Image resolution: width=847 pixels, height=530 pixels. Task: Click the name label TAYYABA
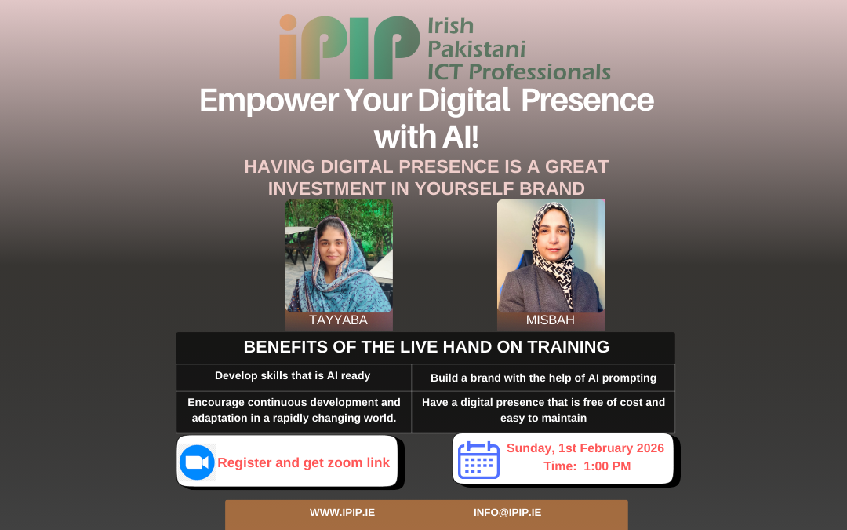pos(339,320)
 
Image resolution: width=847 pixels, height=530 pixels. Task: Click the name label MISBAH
pos(551,320)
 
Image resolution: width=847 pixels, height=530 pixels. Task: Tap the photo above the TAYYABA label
pos(339,255)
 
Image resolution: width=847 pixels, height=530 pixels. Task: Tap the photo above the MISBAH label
pos(551,255)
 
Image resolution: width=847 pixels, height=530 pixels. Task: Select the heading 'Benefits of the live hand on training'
pos(426,347)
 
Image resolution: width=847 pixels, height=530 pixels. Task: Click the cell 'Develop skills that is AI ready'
pos(293,376)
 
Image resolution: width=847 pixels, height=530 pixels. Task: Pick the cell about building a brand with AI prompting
pos(543,378)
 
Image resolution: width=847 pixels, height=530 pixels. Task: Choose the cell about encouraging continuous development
pos(293,411)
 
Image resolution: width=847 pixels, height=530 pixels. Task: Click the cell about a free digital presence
pos(543,411)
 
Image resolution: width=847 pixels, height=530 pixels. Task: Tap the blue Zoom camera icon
pos(197,462)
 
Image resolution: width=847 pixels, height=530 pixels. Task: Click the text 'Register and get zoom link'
pos(304,462)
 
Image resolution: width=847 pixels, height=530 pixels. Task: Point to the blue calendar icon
pos(478,459)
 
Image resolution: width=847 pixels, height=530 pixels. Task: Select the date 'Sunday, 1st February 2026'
pos(585,448)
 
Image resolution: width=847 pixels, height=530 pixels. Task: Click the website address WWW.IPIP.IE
pos(342,513)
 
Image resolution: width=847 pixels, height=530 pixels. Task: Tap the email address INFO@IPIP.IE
pos(507,513)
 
